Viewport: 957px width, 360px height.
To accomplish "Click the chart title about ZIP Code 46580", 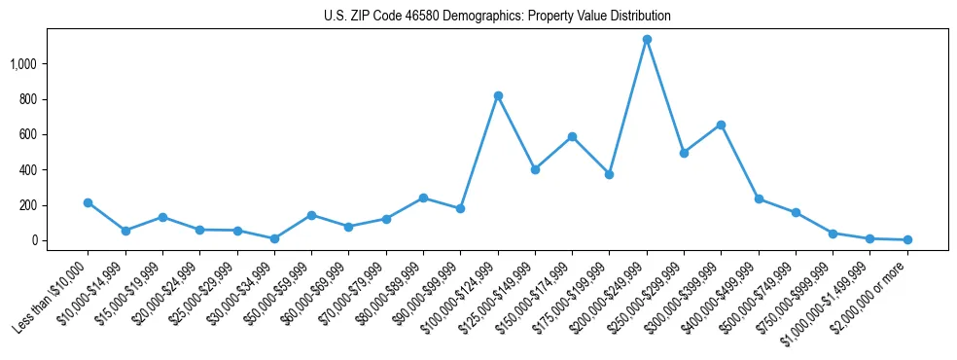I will click(x=497, y=16).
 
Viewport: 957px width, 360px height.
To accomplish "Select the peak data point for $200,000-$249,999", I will click(x=647, y=40).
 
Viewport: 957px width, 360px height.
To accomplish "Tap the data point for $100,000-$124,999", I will click(x=498, y=95).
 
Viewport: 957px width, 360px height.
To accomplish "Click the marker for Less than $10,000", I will click(x=88, y=202).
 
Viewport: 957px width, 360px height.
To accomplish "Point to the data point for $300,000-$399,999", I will click(x=721, y=125).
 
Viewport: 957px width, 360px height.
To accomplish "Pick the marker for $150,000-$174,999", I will click(x=572, y=136).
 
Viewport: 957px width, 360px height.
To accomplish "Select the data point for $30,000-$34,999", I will click(x=274, y=238).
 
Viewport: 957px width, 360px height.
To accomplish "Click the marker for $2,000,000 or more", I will click(x=906, y=239).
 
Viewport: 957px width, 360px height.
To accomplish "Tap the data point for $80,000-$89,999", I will click(x=423, y=198).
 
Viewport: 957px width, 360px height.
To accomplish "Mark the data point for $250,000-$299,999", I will click(x=684, y=153).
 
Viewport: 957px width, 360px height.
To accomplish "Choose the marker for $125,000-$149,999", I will click(x=535, y=169).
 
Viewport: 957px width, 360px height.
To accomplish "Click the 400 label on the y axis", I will click(x=43, y=170).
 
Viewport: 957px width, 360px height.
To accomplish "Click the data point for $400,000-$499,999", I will click(x=759, y=198).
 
